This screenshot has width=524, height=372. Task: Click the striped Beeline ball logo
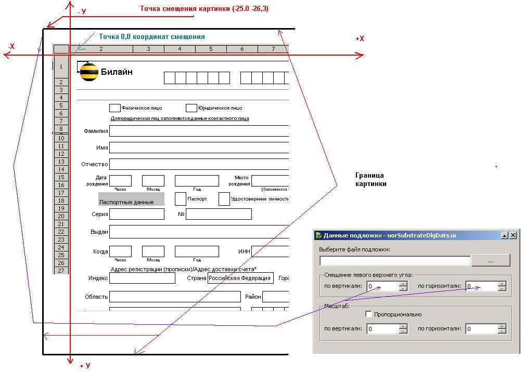(x=89, y=72)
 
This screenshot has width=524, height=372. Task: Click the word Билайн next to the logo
(x=117, y=72)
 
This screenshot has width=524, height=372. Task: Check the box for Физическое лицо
(x=114, y=108)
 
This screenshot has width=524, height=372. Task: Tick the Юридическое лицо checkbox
(x=191, y=108)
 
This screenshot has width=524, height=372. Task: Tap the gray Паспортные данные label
(x=131, y=199)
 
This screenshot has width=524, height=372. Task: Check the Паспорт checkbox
(x=181, y=199)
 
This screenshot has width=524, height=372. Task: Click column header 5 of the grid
(x=211, y=49)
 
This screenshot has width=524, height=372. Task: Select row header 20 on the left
(x=61, y=216)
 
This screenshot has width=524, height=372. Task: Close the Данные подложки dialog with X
(x=513, y=235)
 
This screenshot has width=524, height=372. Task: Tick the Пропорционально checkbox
(x=368, y=314)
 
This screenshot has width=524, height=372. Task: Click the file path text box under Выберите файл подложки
(x=394, y=261)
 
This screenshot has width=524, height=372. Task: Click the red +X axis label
(x=360, y=39)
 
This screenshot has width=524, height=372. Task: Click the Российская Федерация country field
(x=240, y=278)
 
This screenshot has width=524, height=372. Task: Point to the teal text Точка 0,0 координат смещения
(x=151, y=37)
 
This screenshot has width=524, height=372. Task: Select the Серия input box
(x=136, y=214)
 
